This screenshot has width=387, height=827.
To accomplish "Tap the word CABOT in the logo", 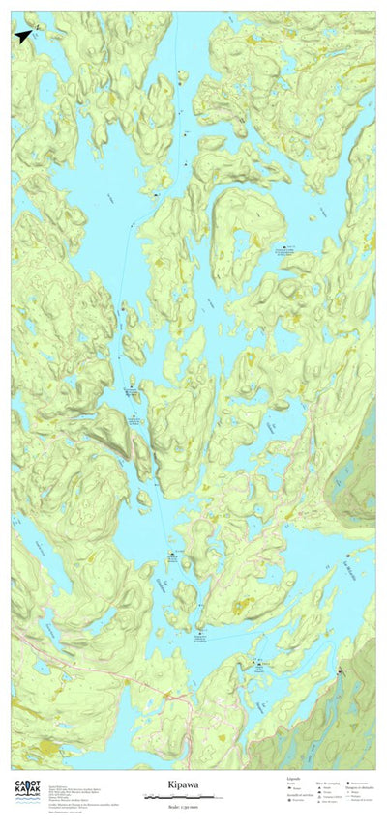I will (x=26, y=784).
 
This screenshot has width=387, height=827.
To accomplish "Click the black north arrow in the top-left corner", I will (x=22, y=36).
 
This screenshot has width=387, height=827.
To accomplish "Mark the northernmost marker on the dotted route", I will (x=179, y=73).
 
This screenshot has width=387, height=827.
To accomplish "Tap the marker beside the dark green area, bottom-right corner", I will (x=341, y=671).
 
